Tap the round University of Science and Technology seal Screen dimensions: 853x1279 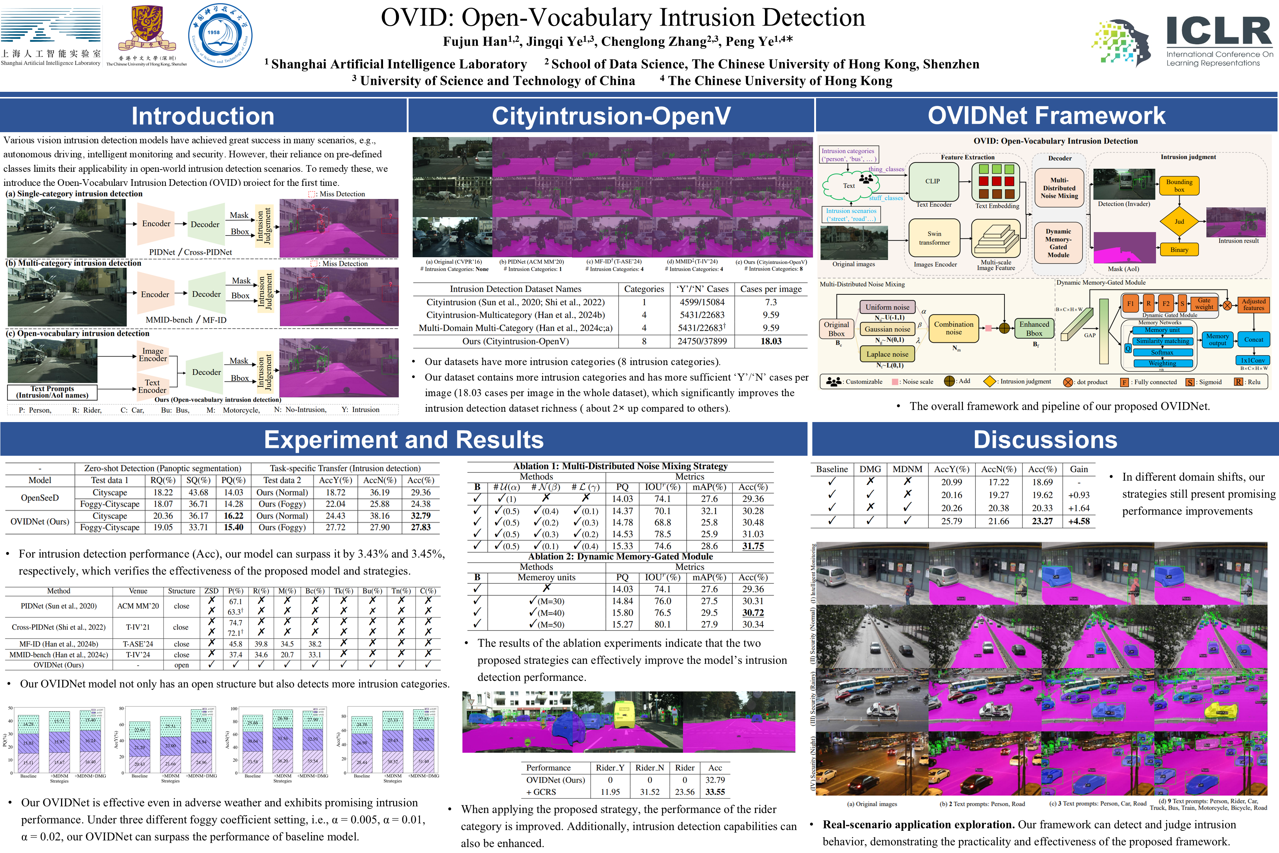[x=220, y=36]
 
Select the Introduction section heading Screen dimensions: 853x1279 [x=203, y=116]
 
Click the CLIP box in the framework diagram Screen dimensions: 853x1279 [x=933, y=181]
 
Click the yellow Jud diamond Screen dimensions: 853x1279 [x=1179, y=221]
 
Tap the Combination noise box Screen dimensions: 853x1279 [x=953, y=328]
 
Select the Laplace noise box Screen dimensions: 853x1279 [x=887, y=354]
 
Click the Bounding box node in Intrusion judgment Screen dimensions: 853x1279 [x=1179, y=185]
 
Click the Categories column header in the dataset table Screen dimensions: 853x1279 [x=644, y=289]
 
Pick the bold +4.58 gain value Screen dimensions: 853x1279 [x=1079, y=521]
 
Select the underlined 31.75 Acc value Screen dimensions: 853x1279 [x=753, y=546]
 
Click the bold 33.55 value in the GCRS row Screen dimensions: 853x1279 [x=715, y=792]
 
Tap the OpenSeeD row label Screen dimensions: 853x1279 [x=40, y=498]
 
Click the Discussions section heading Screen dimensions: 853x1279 [x=1045, y=439]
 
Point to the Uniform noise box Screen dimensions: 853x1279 [x=887, y=307]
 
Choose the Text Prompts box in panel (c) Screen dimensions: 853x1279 [x=52, y=392]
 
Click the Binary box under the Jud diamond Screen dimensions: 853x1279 [x=1179, y=250]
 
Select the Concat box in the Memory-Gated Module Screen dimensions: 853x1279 [x=1253, y=339]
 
